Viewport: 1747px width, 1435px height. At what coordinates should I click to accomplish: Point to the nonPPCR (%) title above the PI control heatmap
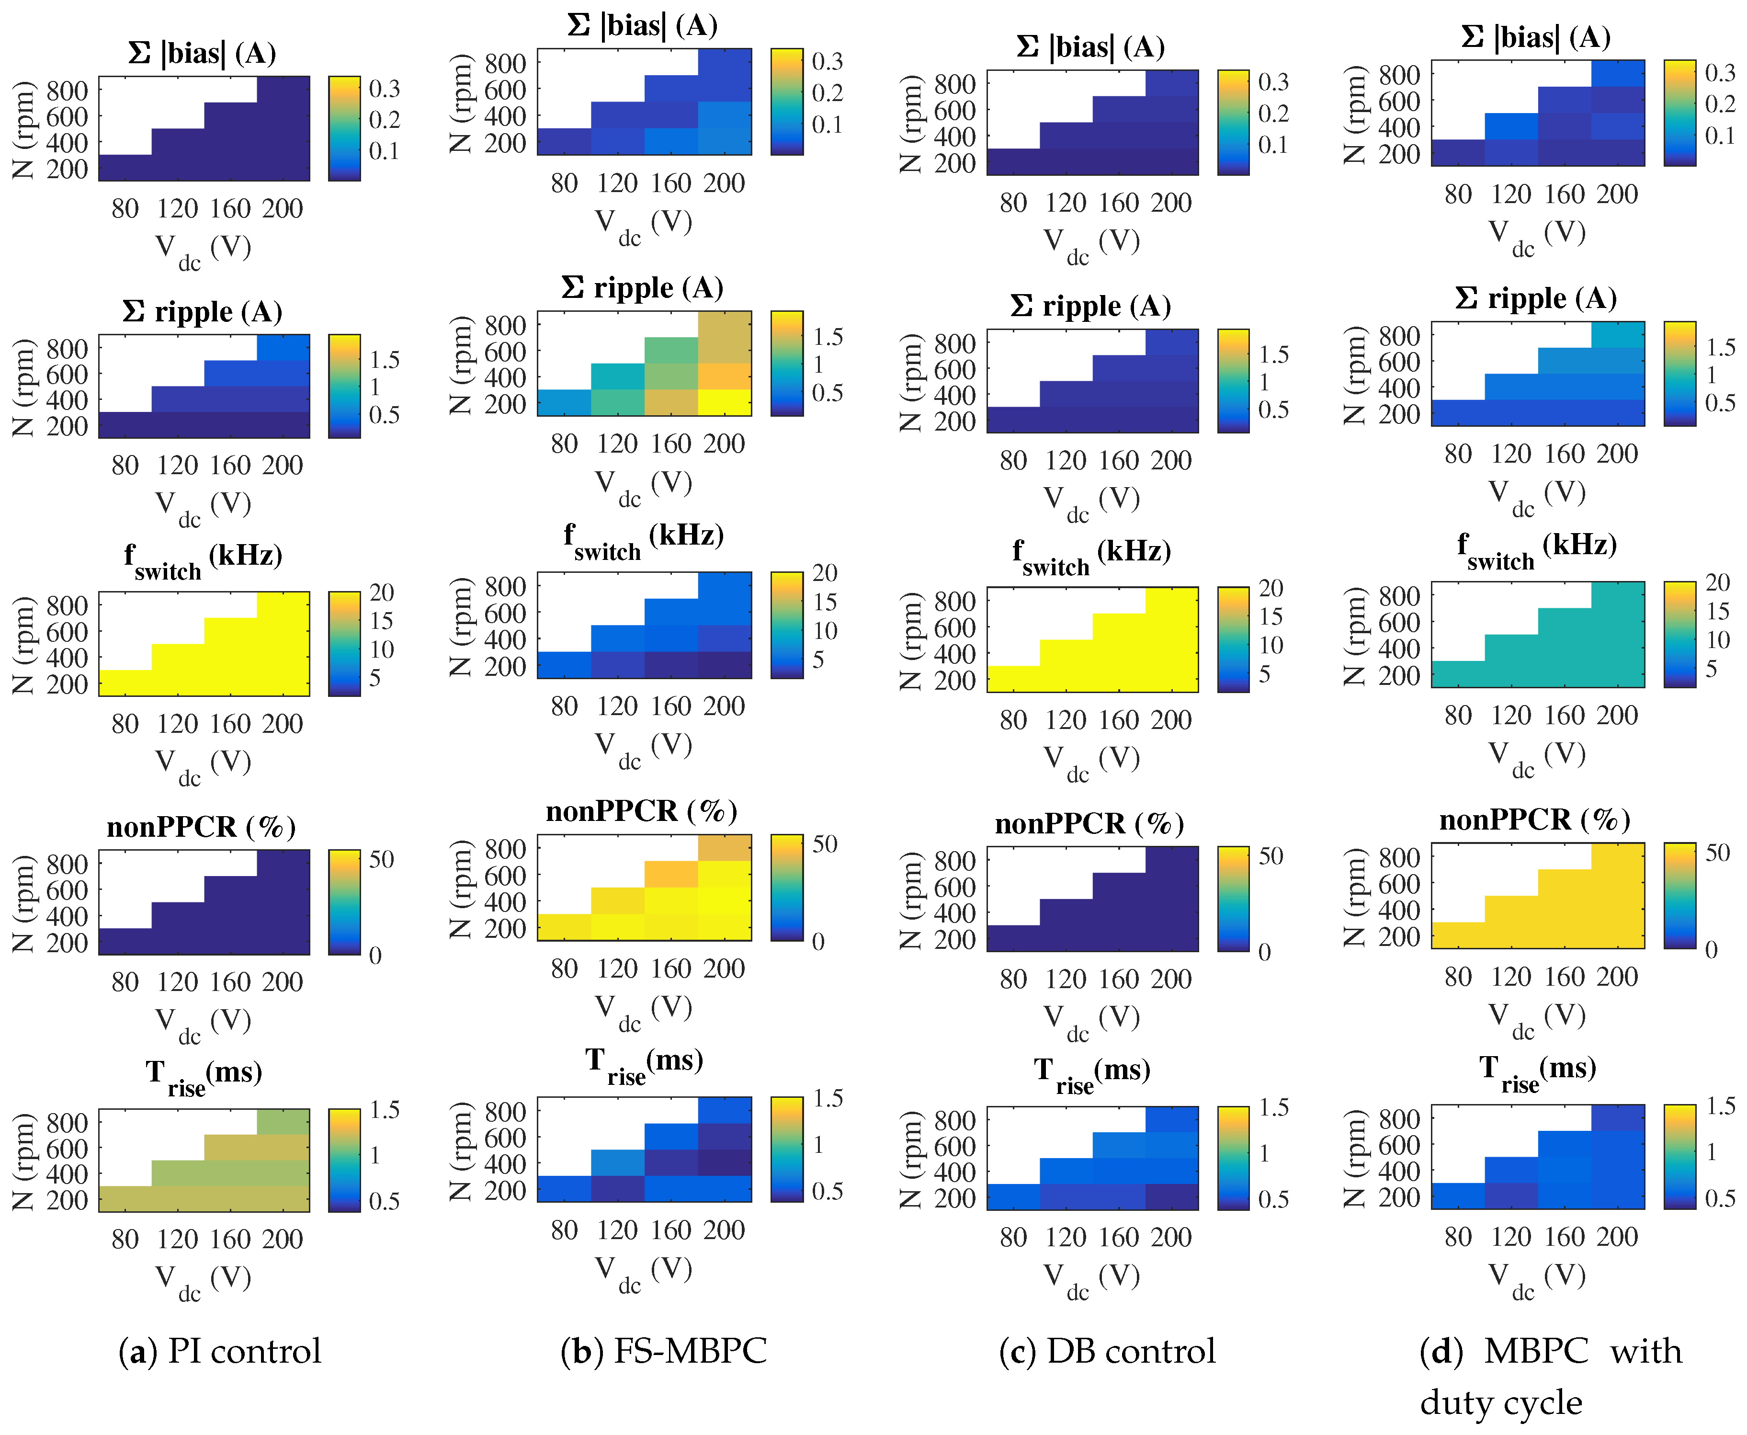point(201,827)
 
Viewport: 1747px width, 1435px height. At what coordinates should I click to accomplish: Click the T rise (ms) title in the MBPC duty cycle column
point(1537,1071)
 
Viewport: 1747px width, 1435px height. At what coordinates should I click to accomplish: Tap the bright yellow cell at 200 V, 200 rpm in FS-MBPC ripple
point(725,402)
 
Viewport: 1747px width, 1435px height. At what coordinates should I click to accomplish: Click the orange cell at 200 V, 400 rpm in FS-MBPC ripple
point(725,376)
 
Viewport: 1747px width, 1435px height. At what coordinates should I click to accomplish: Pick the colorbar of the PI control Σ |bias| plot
point(344,128)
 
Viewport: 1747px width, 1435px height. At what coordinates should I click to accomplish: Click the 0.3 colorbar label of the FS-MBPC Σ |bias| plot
point(827,62)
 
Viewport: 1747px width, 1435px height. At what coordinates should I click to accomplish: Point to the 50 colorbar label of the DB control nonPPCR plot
point(1271,856)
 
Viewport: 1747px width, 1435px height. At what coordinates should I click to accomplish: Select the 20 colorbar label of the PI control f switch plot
point(381,592)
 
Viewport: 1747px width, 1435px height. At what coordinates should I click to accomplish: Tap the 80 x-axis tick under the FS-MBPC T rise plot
point(565,1230)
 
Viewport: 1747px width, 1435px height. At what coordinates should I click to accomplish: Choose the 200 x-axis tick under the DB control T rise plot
point(1172,1238)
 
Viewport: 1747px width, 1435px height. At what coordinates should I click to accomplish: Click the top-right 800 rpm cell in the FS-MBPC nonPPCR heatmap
point(725,847)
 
